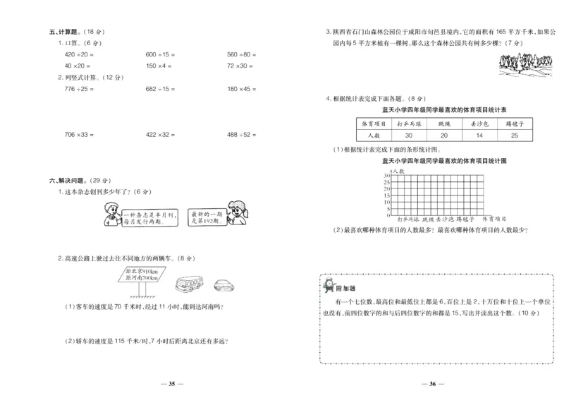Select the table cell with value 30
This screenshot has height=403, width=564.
click(408, 135)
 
